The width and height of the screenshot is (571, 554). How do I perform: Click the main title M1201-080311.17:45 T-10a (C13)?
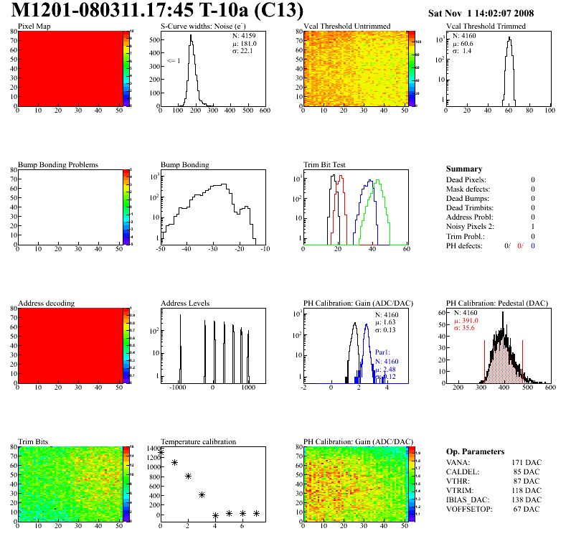[x=158, y=11]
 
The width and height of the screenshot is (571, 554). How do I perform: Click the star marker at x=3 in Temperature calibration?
[x=202, y=494]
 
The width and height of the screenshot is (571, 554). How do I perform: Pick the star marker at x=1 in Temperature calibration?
[x=174, y=463]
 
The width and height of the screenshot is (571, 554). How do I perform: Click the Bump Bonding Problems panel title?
[x=57, y=165]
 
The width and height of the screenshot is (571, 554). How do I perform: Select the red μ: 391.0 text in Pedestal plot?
[x=465, y=321]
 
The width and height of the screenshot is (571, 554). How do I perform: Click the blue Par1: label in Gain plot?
[x=383, y=352]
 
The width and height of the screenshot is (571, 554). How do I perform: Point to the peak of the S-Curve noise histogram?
[x=191, y=36]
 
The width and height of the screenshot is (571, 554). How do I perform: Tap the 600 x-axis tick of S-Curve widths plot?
[x=264, y=111]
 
